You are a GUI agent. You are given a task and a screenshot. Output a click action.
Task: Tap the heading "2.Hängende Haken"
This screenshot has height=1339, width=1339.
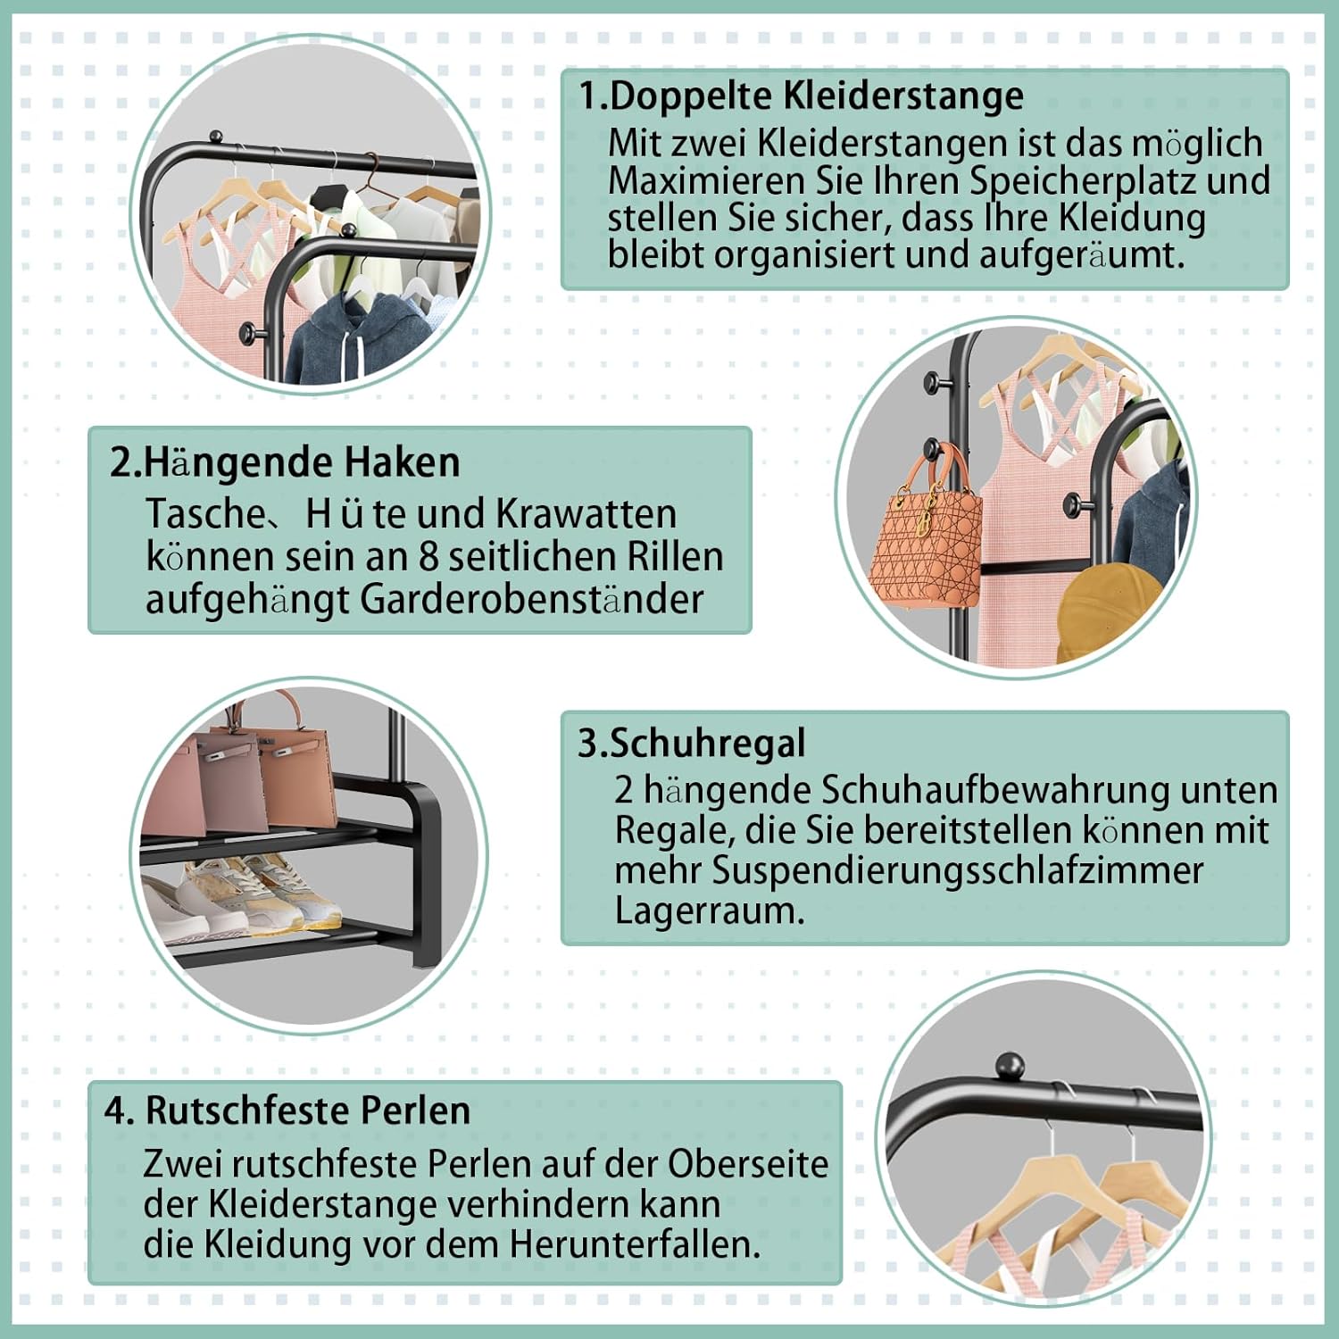point(285,462)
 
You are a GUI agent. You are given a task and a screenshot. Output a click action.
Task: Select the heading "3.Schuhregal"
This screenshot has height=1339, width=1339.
point(692,744)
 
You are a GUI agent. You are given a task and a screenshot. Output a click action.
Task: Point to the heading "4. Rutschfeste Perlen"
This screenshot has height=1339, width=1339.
point(287,1110)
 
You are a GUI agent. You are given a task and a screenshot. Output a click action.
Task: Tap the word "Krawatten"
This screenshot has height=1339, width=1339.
point(586,514)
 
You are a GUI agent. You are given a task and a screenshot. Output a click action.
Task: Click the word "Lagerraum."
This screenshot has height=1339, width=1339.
point(710,911)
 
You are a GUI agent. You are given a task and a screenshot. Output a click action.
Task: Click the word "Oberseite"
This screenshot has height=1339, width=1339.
point(748,1164)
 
